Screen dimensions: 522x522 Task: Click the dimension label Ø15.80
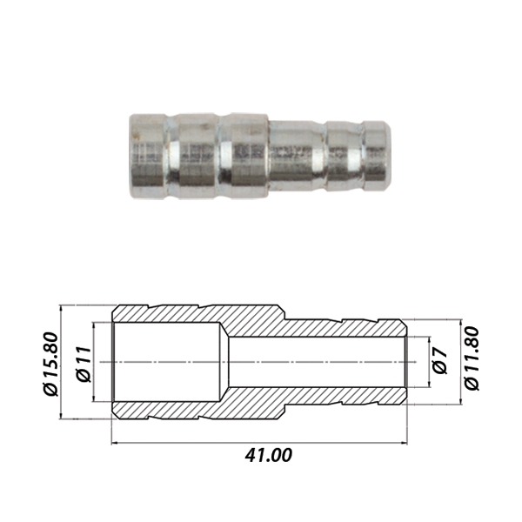[x=51, y=364]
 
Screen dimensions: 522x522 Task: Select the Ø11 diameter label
[x=84, y=364]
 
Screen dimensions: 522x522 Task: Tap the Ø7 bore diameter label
[x=440, y=362]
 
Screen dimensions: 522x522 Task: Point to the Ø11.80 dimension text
[x=472, y=358]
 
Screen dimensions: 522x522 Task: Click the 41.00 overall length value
[x=268, y=455]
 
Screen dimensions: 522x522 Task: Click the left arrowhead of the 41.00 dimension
[x=115, y=443]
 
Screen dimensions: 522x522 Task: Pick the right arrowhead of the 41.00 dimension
[x=404, y=443]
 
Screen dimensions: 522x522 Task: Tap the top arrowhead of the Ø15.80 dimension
[x=61, y=309]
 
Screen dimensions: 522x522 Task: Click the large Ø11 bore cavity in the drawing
[x=166, y=362]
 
